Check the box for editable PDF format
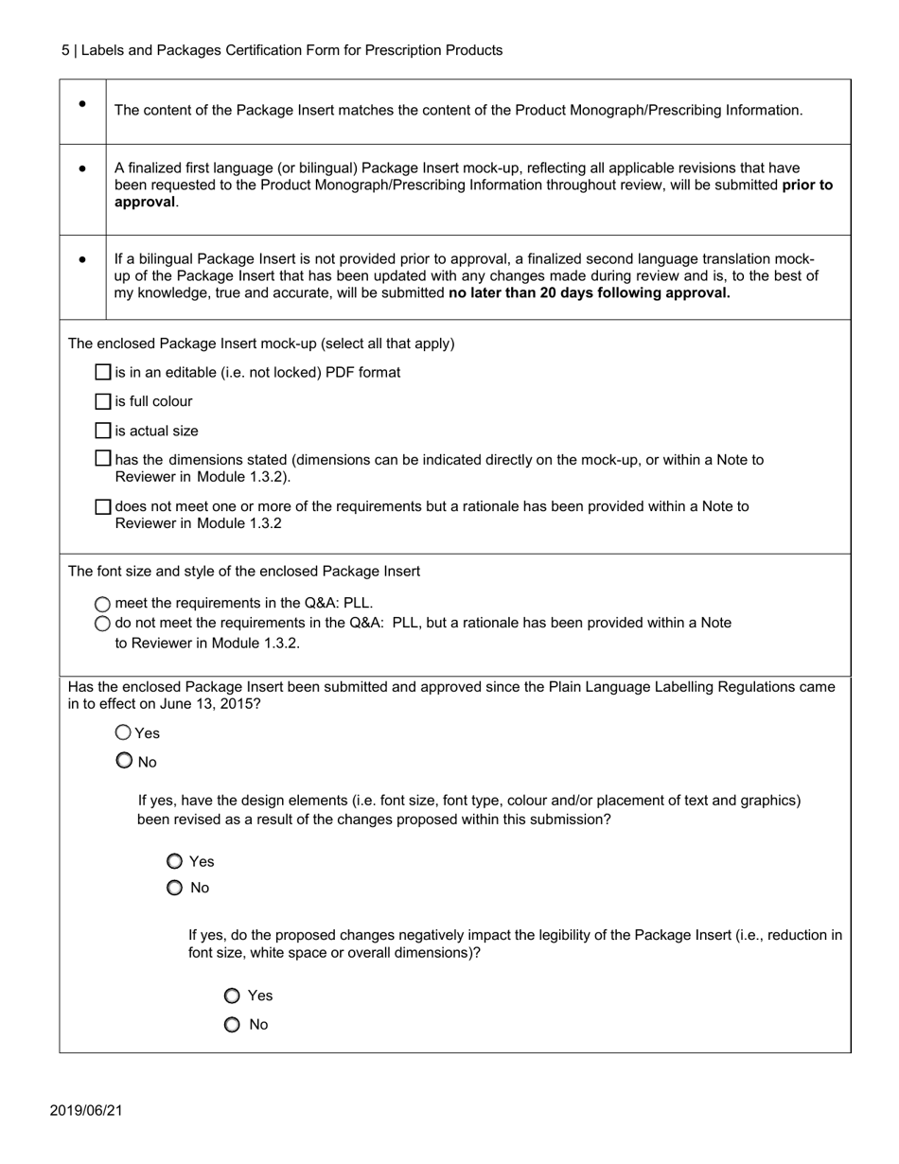coord(104,373)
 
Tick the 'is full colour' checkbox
coord(104,402)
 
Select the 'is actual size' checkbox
coord(104,432)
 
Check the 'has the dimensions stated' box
coord(104,459)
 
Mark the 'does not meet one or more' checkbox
coord(104,507)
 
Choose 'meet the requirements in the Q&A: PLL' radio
coord(103,604)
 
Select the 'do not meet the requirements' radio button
coord(103,624)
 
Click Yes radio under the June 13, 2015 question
coord(124,732)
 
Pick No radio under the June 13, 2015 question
coord(124,761)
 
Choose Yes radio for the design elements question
coord(174,861)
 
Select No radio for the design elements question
coord(174,888)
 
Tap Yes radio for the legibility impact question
coord(232,996)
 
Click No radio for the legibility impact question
coord(232,1025)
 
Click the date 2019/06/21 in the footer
coord(86,1110)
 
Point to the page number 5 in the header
coord(65,50)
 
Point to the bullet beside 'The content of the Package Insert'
coord(83,104)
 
